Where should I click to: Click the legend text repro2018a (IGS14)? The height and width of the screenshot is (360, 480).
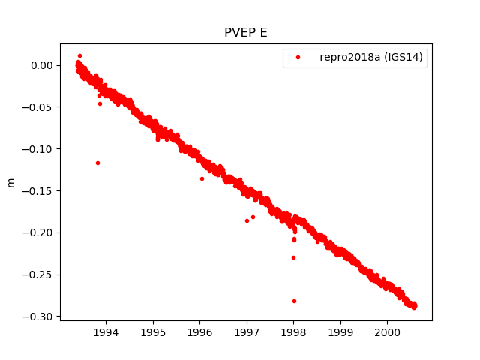point(373,58)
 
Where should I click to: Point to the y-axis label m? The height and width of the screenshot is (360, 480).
point(10,182)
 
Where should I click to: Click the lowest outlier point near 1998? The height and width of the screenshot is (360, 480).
point(294,301)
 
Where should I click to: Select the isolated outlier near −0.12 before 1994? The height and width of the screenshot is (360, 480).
point(97,163)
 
